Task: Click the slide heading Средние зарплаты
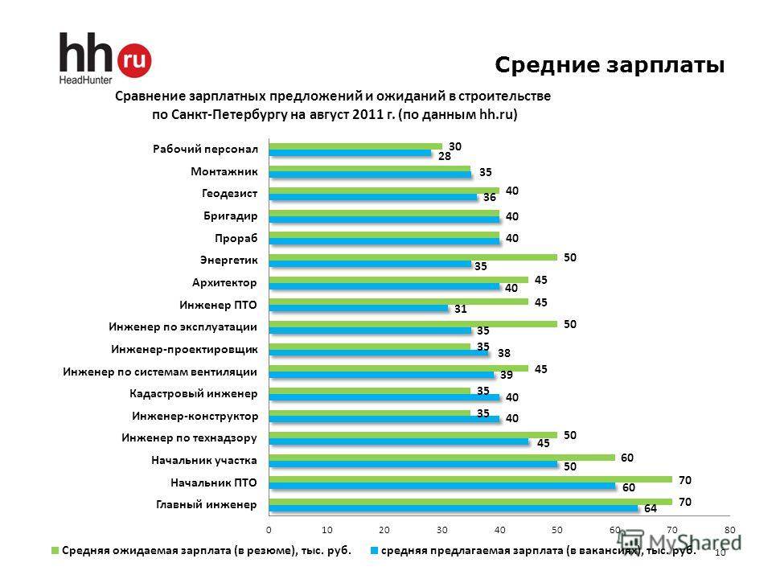(x=610, y=64)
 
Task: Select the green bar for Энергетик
(x=413, y=257)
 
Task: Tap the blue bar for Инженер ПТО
(x=359, y=308)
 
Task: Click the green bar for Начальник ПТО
(x=470, y=478)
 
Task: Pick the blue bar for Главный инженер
(x=454, y=507)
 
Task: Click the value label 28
(x=444, y=158)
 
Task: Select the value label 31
(x=460, y=308)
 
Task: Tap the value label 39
(x=507, y=375)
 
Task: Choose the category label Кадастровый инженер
(x=193, y=394)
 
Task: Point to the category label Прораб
(x=236, y=238)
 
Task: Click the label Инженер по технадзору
(x=189, y=438)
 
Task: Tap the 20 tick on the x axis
(x=384, y=529)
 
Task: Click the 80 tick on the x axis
(x=729, y=529)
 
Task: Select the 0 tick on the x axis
(x=269, y=529)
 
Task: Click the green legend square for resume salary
(x=55, y=552)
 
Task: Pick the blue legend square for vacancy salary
(x=374, y=552)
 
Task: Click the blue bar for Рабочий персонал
(x=351, y=153)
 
